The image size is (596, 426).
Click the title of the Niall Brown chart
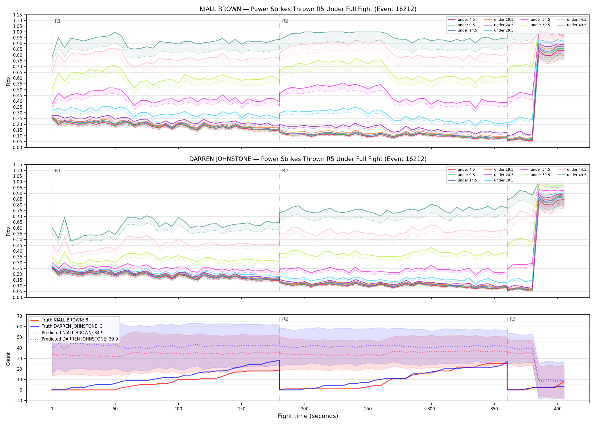(x=308, y=9)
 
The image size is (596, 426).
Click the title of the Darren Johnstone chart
(x=308, y=159)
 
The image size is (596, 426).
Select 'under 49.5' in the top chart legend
(x=576, y=25)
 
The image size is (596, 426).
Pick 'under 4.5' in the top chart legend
(x=466, y=20)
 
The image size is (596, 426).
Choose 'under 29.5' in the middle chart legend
(x=503, y=180)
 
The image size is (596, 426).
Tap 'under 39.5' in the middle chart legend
(x=540, y=175)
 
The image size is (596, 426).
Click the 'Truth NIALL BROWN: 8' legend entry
(x=65, y=320)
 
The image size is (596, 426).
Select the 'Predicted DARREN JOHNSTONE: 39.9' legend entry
(x=80, y=339)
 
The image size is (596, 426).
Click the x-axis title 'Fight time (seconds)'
(x=308, y=416)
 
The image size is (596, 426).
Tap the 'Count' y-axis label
(x=8, y=359)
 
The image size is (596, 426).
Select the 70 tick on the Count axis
(x=20, y=316)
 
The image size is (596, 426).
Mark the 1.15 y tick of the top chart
(x=17, y=15)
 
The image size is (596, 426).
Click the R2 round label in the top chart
(x=285, y=21)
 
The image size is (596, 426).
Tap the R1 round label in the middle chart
(x=58, y=171)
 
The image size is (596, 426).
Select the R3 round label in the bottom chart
(x=513, y=319)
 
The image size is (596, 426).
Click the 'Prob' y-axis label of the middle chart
(x=8, y=231)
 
